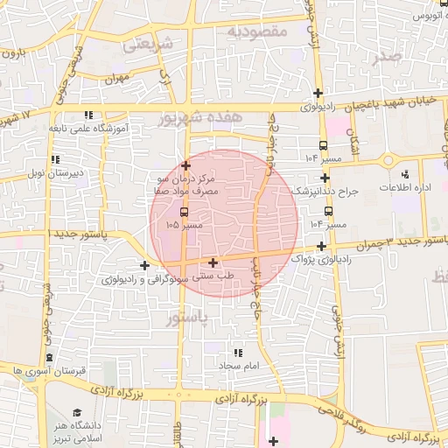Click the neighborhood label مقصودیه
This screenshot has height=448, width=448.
[257, 31]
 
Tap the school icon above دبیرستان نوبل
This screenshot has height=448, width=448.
[55, 159]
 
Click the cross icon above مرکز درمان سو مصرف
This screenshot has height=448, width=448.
[185, 164]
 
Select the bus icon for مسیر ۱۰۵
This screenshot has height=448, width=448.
[183, 212]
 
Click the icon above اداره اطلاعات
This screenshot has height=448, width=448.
[404, 175]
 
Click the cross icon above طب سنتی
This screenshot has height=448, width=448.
[213, 262]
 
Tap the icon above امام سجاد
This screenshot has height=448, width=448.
[234, 352]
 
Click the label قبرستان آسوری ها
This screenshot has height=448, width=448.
[41, 371]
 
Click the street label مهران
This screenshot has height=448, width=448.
[116, 79]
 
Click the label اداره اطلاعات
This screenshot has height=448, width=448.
[403, 188]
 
